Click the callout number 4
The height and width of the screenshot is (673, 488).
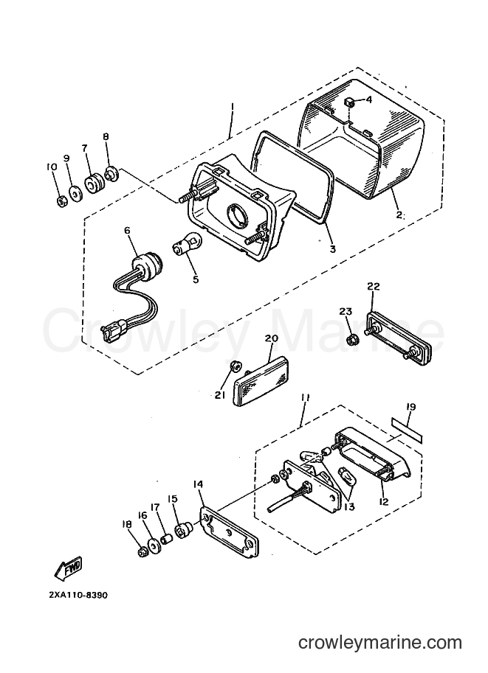tap(368, 100)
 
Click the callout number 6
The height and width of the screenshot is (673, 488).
tap(126, 231)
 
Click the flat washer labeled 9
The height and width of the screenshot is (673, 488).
tap(75, 192)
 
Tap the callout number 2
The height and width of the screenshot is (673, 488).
tap(398, 215)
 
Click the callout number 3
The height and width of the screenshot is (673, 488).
tap(332, 249)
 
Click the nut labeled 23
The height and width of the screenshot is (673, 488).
tap(351, 340)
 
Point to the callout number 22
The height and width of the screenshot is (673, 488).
tap(374, 286)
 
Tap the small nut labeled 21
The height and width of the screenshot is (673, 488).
tap(236, 366)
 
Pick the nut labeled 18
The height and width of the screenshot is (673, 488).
tap(142, 552)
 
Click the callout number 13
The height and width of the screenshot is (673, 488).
tap(349, 507)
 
